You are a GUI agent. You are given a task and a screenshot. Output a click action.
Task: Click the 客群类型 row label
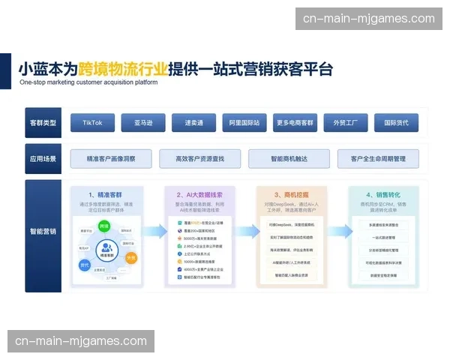click(x=43, y=122)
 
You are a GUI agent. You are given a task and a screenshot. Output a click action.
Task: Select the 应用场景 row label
click(x=43, y=158)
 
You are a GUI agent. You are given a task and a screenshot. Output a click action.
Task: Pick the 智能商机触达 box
click(x=289, y=158)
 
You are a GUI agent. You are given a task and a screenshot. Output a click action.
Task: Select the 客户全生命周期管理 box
click(x=377, y=158)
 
